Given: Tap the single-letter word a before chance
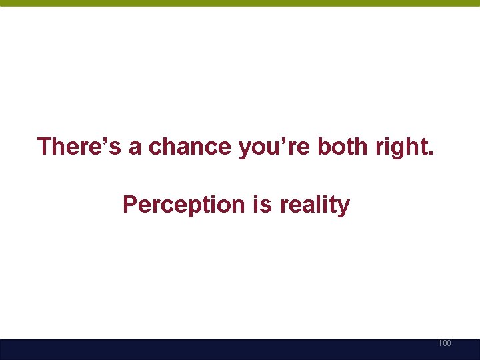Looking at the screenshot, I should click(x=135, y=147).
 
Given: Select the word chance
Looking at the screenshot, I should click(x=191, y=147).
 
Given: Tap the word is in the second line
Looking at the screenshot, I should click(x=262, y=205).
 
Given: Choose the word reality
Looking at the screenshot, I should click(x=315, y=205).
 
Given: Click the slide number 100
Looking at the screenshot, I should click(x=445, y=343).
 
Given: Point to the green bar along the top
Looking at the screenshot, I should click(x=240, y=3).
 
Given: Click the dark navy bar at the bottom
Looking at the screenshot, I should click(x=240, y=349).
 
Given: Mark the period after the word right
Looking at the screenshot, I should click(x=430, y=154).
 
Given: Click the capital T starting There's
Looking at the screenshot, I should click(x=46, y=146).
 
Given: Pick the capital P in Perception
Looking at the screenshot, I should click(x=130, y=205).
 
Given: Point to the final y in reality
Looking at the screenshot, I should click(x=343, y=207).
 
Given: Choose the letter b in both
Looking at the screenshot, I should click(x=324, y=146).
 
